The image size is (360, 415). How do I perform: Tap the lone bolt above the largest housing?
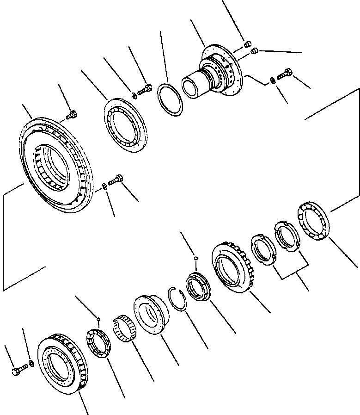point(72,114)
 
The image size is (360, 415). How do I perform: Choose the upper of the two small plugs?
point(248,44)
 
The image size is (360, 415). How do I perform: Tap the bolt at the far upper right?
point(285,73)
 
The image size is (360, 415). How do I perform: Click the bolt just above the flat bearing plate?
point(144,89)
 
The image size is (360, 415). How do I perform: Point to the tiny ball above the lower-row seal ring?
point(196,258)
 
